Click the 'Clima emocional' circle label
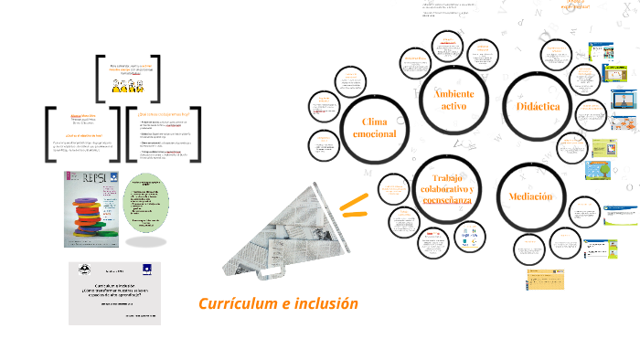pyautogui.click(x=374, y=129)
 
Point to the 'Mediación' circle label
pyautogui.click(x=530, y=196)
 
